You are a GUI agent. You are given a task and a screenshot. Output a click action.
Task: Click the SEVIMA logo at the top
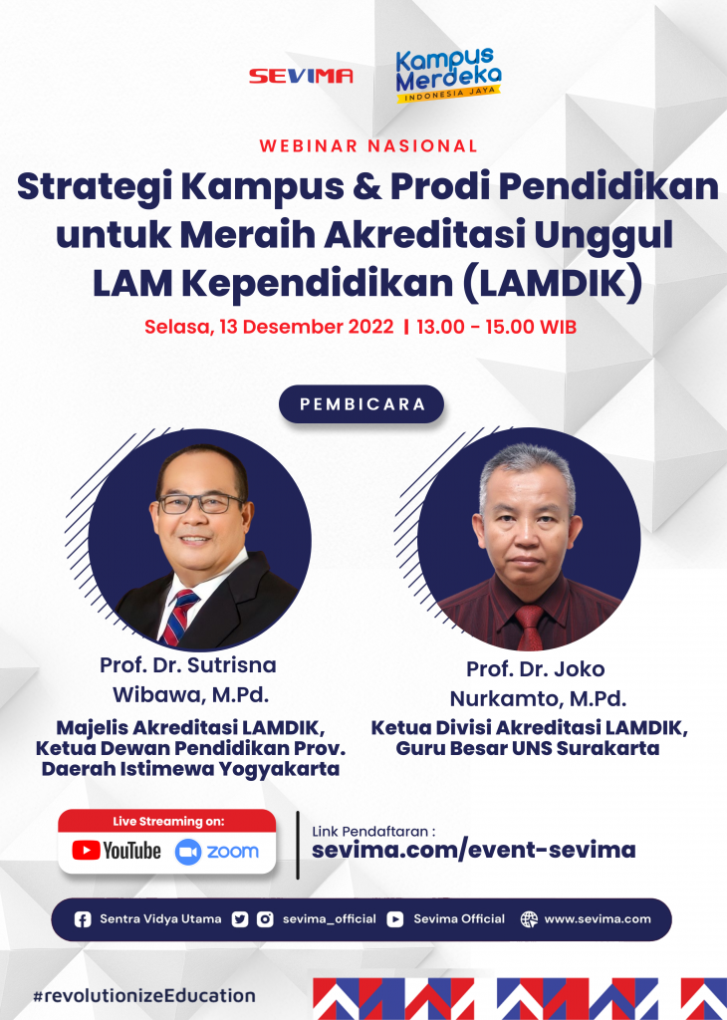tap(301, 76)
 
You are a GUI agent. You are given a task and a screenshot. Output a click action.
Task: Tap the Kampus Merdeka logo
tap(448, 75)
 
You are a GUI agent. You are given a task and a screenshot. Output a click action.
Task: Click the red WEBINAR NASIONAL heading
tap(368, 145)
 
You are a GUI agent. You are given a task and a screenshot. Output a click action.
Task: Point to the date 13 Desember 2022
tap(307, 326)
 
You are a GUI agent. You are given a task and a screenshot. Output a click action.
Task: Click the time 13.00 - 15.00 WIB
tap(496, 326)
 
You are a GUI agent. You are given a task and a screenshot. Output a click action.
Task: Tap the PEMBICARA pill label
tap(362, 404)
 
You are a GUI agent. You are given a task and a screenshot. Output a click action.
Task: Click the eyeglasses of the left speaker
tap(200, 503)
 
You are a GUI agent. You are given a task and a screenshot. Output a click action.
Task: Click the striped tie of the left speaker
tap(180, 616)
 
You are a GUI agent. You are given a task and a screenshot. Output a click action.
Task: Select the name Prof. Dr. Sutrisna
tap(188, 664)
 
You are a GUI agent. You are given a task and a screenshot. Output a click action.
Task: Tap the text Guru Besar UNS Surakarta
tap(528, 748)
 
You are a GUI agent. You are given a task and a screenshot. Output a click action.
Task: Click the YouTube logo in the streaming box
tap(117, 851)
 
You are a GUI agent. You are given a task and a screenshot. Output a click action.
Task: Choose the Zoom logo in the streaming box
tap(216, 851)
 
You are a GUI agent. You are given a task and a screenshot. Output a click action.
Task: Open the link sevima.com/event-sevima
tap(473, 850)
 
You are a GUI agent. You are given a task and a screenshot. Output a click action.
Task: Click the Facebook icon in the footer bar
tap(83, 919)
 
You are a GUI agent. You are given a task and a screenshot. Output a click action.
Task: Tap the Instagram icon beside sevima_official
tap(265, 919)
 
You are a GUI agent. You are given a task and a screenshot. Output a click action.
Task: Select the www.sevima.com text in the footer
tap(597, 919)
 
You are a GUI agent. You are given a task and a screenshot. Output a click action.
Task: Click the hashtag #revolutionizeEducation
tap(144, 995)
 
